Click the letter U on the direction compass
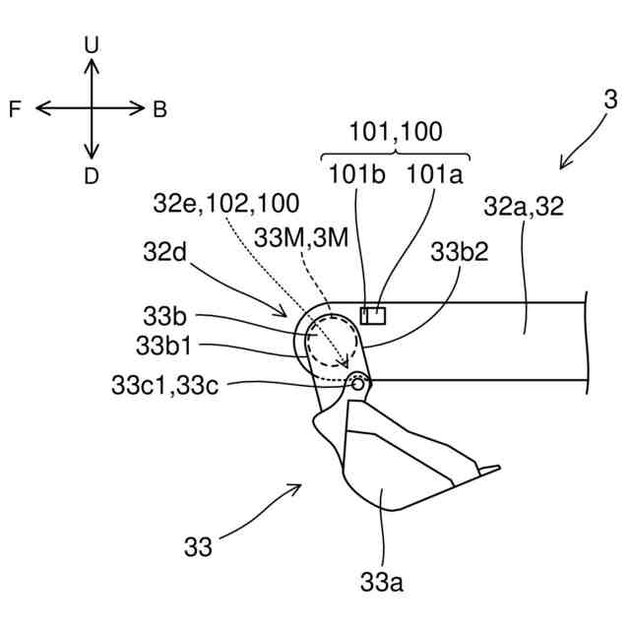(x=92, y=45)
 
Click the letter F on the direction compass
(x=15, y=109)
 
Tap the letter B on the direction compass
(x=159, y=109)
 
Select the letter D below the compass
(x=92, y=176)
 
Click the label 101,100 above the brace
(x=396, y=132)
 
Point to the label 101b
(x=356, y=174)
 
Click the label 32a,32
(x=523, y=206)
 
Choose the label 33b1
(x=163, y=346)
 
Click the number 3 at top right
(x=610, y=99)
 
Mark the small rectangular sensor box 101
(x=373, y=315)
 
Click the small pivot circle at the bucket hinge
(x=357, y=383)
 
